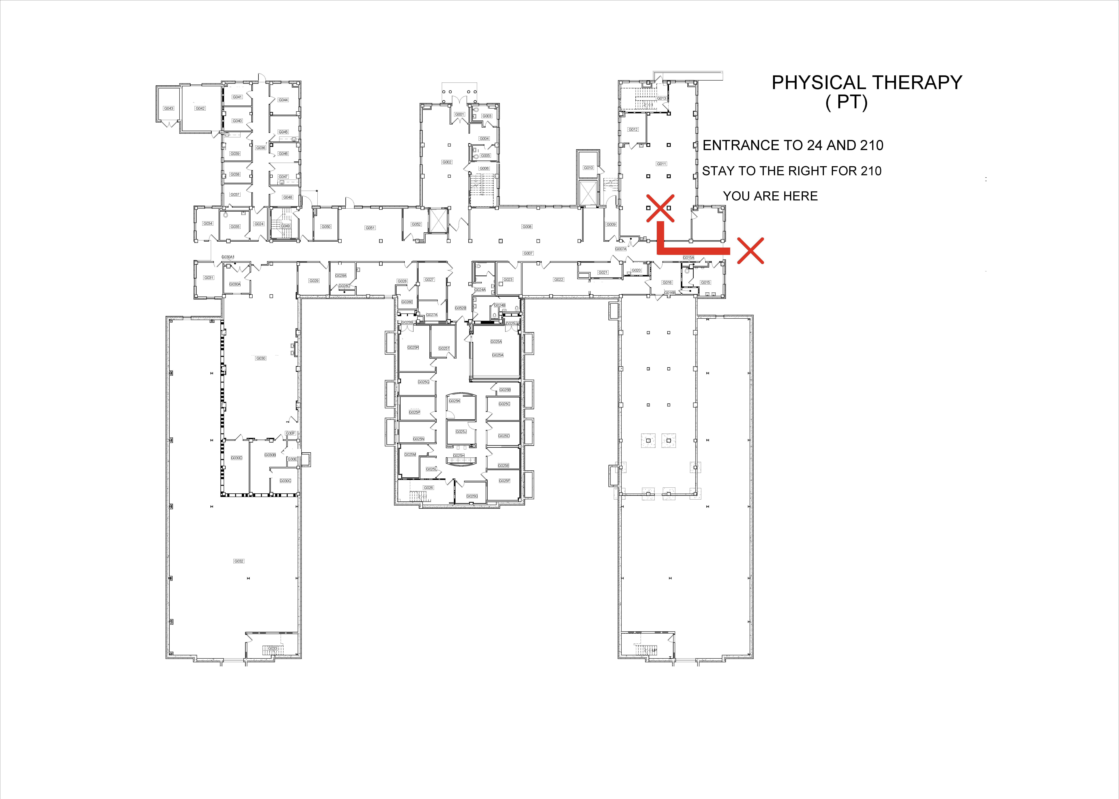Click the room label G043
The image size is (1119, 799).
click(169, 108)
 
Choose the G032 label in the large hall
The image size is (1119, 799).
click(239, 561)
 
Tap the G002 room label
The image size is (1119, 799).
click(447, 162)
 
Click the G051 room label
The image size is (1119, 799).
click(370, 228)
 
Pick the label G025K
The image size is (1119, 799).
click(454, 401)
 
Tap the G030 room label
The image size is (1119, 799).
click(261, 358)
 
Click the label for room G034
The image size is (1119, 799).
click(208, 223)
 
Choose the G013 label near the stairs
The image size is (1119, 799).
click(661, 98)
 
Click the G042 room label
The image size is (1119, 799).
click(200, 108)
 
